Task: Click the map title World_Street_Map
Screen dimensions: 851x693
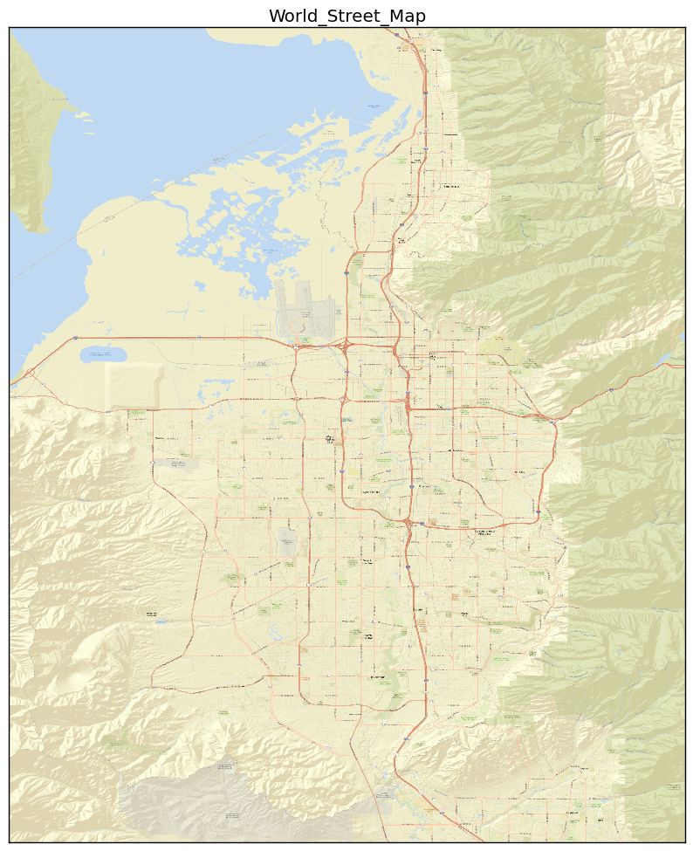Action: [346, 16]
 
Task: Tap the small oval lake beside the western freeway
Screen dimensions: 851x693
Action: [103, 355]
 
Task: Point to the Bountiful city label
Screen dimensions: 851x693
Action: [450, 186]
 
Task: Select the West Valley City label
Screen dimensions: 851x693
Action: [330, 438]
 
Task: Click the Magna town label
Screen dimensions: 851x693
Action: [159, 438]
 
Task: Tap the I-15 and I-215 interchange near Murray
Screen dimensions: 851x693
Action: [408, 523]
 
